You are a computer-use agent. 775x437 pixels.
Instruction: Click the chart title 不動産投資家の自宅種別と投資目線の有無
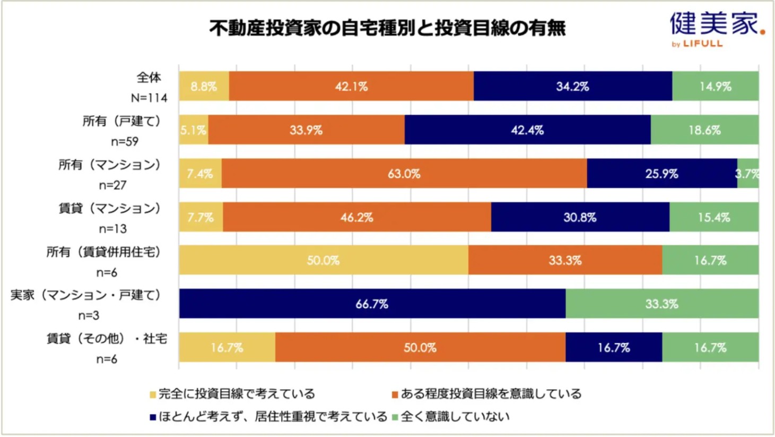387,28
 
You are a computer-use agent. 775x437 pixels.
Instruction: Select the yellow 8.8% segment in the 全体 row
204,86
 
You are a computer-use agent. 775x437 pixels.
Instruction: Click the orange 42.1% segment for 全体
351,86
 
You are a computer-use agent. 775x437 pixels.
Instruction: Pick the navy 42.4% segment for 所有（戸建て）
527,130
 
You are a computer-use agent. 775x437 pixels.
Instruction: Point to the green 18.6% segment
704,130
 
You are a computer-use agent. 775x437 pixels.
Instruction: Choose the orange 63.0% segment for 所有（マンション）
404,174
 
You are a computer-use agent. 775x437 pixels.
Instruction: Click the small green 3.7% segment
748,174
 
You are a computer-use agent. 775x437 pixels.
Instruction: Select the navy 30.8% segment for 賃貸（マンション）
580,217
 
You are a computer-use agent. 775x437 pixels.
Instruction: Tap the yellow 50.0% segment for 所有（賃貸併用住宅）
323,260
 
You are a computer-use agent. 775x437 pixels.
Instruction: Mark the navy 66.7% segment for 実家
372,304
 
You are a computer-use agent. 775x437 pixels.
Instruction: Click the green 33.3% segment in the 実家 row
661,304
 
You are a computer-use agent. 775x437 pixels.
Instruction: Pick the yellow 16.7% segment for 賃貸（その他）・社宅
227,348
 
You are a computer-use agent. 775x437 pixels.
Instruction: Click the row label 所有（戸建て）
121,122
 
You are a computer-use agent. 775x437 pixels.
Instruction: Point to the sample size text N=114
149,98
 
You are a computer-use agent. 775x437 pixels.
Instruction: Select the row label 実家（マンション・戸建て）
85,295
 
